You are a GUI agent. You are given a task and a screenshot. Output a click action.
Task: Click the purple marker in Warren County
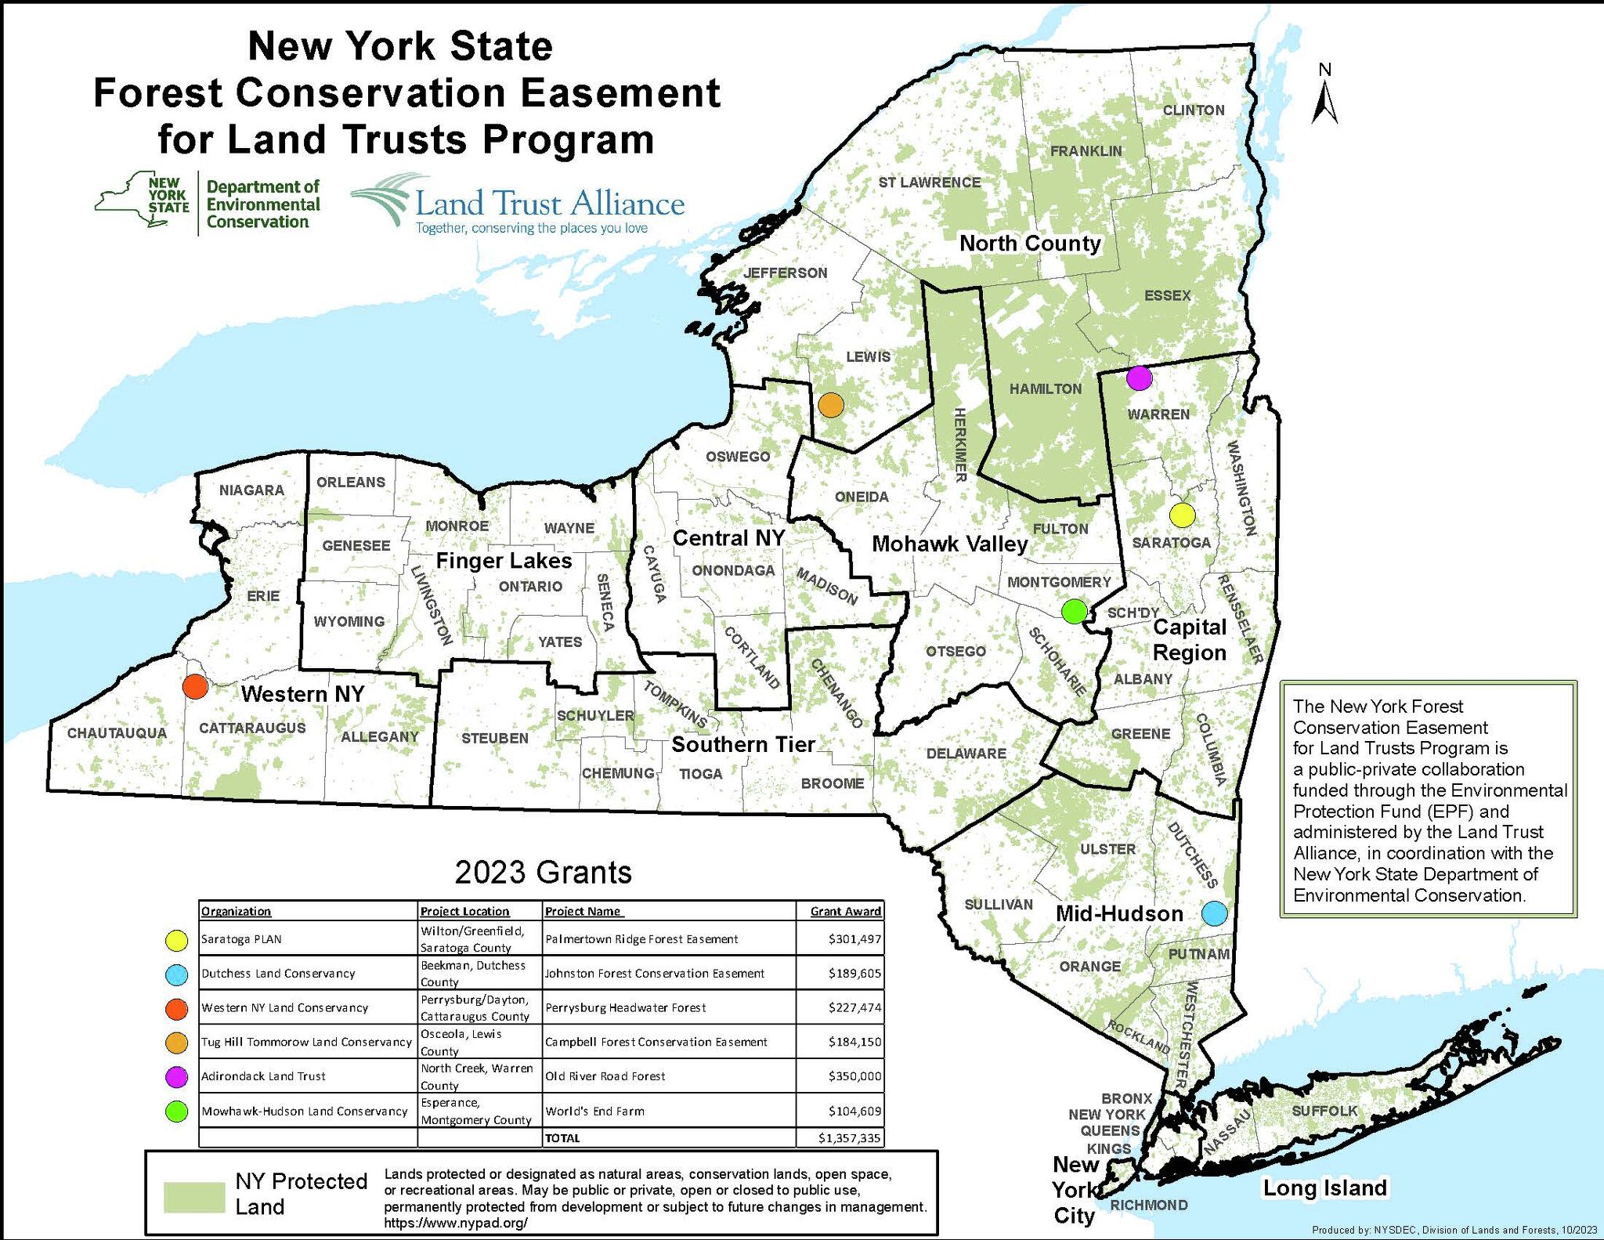(1139, 378)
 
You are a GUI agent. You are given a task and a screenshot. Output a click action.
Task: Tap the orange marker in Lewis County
(831, 405)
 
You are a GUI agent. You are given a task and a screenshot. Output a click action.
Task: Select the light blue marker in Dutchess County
(1213, 913)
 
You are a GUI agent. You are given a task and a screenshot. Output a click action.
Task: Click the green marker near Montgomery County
(1075, 610)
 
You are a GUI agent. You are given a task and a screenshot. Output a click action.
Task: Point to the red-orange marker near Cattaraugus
(195, 686)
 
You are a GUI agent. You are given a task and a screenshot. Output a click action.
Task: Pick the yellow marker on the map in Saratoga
(1182, 515)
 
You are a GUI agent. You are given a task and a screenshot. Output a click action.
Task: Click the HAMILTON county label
(1045, 389)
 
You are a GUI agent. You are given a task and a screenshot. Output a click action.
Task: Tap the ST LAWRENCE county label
(929, 183)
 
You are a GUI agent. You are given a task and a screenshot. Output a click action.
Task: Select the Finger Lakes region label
(504, 561)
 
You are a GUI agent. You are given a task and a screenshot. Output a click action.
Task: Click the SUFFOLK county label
(1324, 1111)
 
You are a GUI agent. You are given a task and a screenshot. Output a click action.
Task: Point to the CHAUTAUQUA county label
(117, 733)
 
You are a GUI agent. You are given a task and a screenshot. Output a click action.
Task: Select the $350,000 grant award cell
(854, 1076)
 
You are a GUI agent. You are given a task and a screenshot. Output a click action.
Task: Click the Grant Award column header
(845, 911)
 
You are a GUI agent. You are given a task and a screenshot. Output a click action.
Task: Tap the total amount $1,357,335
(850, 1138)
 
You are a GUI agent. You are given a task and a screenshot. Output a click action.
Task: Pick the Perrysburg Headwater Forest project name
(625, 1008)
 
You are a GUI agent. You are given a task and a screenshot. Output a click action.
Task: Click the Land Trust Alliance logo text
(550, 204)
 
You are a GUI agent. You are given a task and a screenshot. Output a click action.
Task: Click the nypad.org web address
(455, 1223)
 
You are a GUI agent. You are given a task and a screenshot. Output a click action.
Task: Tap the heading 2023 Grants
(543, 873)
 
